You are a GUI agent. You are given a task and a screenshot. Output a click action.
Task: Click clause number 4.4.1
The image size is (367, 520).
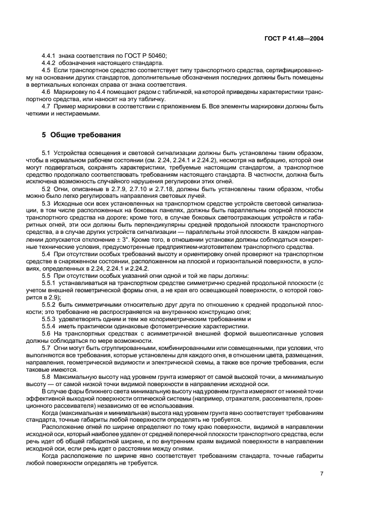pos(49,57)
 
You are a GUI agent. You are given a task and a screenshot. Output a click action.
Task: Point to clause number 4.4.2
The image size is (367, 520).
pos(49,63)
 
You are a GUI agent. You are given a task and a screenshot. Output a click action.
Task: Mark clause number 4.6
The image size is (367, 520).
pos(47,91)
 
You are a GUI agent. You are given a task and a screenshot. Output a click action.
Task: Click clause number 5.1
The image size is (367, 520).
pos(47,152)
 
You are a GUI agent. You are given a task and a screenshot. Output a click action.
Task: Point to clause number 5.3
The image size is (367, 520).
pos(47,203)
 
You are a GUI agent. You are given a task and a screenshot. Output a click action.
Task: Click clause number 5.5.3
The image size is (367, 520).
pos(49,319)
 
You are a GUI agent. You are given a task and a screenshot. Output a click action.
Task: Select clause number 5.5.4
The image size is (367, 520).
pos(49,327)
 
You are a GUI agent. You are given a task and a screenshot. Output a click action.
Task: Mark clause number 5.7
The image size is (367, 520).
pos(47,347)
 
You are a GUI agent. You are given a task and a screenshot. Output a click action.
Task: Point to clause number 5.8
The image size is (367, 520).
pos(47,377)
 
